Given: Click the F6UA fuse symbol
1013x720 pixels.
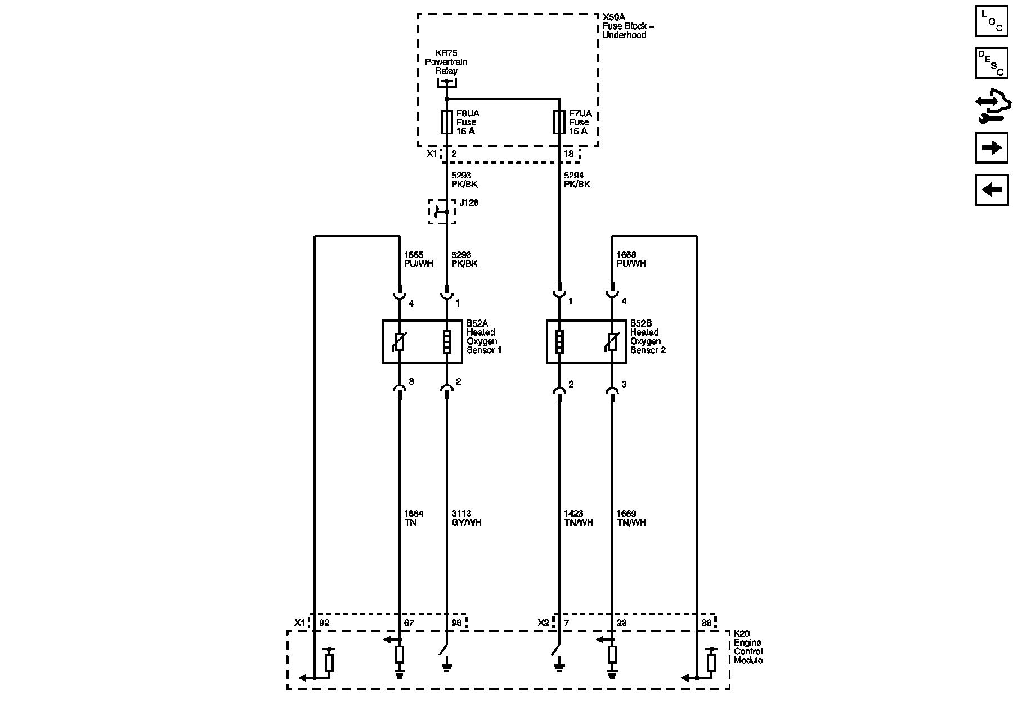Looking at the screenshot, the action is (446, 122).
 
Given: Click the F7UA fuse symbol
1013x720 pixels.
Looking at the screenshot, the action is (559, 122).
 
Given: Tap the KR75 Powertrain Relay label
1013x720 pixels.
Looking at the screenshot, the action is (446, 62).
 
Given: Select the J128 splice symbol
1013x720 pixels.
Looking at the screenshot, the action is (442, 211).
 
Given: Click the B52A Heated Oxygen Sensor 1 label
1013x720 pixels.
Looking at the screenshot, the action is (483, 337).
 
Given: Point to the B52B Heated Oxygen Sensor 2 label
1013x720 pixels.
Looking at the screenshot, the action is (647, 337).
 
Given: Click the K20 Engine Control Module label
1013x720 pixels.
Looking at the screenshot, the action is (748, 647).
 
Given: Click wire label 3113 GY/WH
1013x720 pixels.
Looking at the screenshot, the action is (466, 518).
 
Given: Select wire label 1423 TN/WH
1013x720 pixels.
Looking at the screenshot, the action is (578, 518).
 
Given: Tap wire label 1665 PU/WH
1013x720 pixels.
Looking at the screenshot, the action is (418, 259).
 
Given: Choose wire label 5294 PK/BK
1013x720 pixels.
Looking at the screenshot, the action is (577, 180).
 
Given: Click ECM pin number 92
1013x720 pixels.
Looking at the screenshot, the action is (324, 623).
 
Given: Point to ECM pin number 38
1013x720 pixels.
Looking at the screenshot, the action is (706, 623).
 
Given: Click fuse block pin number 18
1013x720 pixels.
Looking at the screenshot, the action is (568, 154).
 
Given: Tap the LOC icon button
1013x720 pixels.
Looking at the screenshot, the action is (992, 21).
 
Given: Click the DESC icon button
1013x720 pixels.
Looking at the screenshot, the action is (992, 64).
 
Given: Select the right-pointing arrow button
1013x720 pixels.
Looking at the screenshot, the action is (992, 148).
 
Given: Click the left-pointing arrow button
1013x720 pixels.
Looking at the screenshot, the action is (992, 190).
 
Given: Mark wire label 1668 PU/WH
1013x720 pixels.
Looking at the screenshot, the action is (631, 259).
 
